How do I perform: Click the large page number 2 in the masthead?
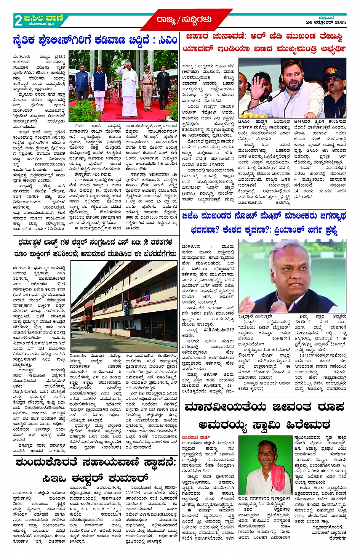point(18,20)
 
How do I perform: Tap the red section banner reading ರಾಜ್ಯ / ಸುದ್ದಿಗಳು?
point(184,19)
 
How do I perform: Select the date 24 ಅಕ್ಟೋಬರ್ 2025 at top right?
point(326,22)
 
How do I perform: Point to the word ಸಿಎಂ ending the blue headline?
point(168,40)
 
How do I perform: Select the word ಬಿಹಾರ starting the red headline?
point(197,37)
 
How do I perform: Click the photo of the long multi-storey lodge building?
point(124,301)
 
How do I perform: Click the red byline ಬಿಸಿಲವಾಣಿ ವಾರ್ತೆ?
point(195,437)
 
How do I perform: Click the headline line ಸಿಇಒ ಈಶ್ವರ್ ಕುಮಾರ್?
point(95,477)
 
